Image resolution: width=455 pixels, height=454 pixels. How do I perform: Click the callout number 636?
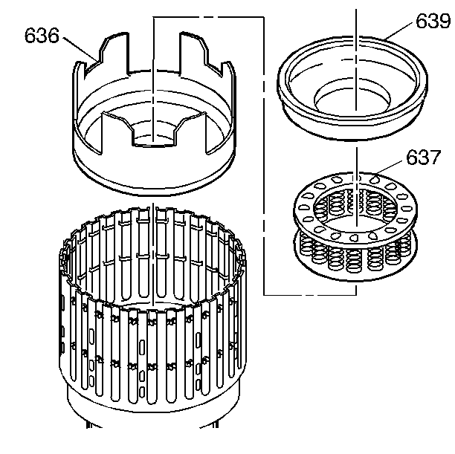pos(42,36)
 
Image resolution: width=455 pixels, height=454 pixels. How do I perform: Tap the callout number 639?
pos(433,21)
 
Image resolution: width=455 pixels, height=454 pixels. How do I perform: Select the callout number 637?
pos(423,158)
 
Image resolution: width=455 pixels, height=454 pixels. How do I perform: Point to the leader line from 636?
pos(80,49)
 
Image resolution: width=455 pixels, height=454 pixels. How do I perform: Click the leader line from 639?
pos(398,31)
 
